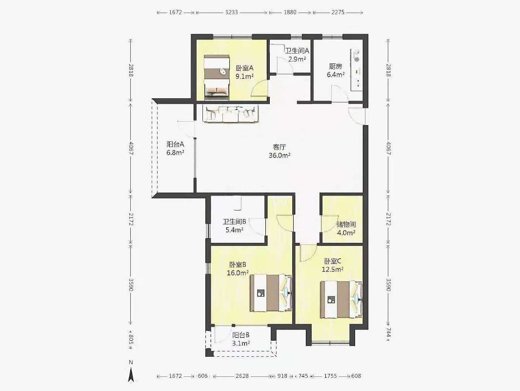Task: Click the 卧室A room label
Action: (245, 68)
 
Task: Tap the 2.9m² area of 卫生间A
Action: (297, 59)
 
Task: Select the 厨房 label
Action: (335, 66)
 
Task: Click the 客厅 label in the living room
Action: (280, 147)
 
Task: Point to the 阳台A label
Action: (175, 145)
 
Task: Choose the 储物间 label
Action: (346, 224)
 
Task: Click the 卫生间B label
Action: (235, 221)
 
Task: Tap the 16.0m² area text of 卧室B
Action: (238, 273)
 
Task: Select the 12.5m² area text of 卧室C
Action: (333, 269)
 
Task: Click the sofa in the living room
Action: (231, 114)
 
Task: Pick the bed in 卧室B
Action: (271, 293)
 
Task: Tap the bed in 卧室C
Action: (341, 300)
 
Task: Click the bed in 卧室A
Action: (217, 77)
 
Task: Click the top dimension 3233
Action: (232, 12)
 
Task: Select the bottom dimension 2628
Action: (242, 376)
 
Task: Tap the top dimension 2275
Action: (338, 12)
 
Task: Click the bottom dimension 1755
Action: (330, 376)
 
